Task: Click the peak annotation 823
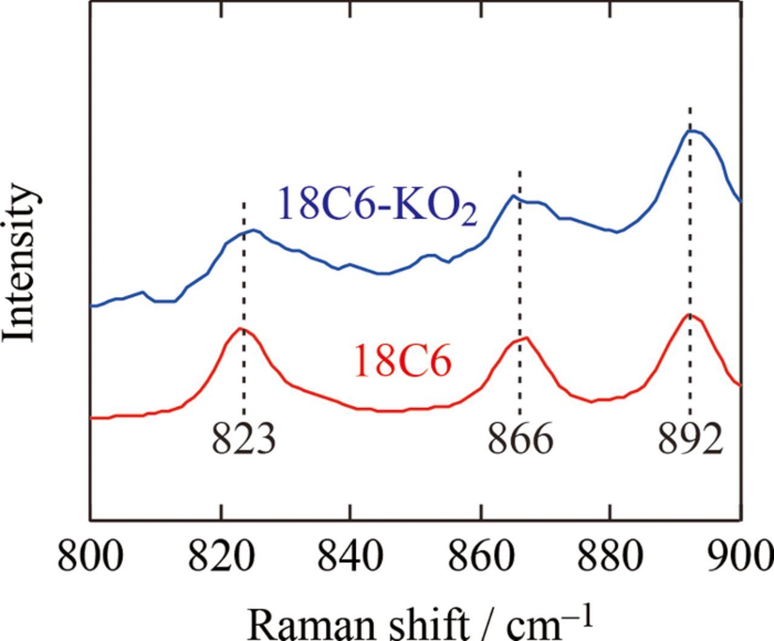tap(244, 439)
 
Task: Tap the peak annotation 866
tap(520, 439)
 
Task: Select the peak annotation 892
tap(691, 439)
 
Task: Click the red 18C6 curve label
tap(402, 362)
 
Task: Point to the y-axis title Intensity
tap(22, 263)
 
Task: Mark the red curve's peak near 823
tap(241, 328)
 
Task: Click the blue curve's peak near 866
tap(513, 195)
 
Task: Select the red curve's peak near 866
tap(527, 338)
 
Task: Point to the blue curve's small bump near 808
tap(143, 292)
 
